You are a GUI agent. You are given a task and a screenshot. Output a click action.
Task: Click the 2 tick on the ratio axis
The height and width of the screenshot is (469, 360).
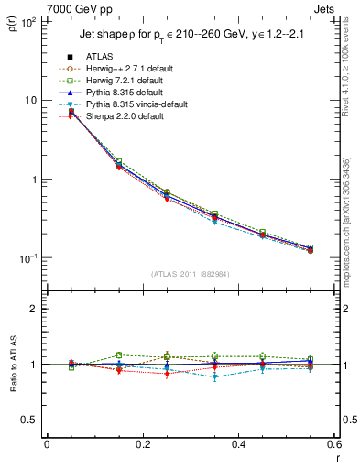click(32, 309)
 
